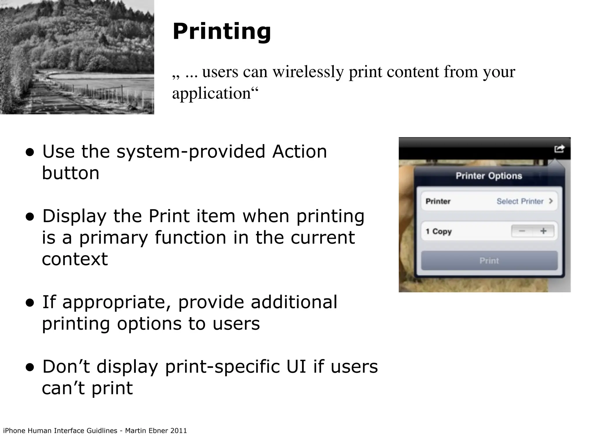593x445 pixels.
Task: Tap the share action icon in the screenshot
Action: [559, 149]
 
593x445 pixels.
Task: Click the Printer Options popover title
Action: [489, 176]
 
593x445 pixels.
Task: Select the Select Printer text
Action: [520, 201]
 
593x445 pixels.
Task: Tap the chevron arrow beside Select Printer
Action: [551, 201]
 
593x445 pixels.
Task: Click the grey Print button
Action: [489, 261]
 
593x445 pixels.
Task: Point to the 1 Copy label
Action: [439, 231]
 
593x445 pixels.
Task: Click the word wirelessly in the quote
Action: [308, 72]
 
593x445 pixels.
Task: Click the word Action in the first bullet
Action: [299, 152]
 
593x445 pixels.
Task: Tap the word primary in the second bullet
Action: [114, 238]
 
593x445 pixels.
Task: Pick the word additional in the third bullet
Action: [294, 302]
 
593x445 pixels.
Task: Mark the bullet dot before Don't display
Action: [30, 368]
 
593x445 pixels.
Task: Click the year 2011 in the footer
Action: [178, 431]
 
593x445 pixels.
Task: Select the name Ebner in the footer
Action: [158, 431]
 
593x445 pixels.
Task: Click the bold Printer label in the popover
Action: [438, 201]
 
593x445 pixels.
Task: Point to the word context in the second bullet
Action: [75, 259]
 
